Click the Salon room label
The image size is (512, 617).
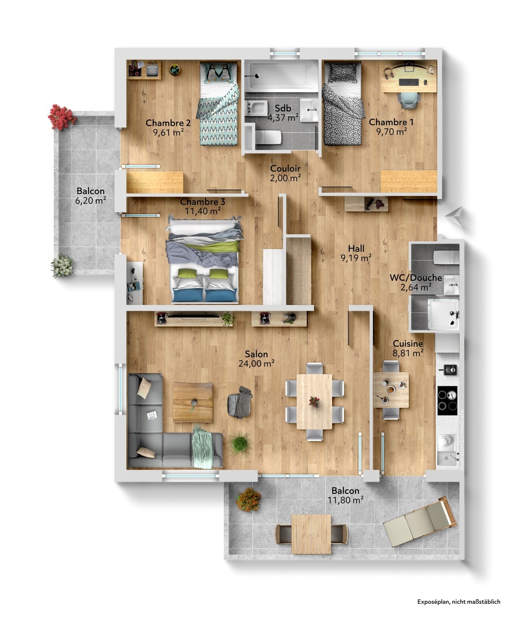click(256, 354)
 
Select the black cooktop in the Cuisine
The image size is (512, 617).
click(447, 400)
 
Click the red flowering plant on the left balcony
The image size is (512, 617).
click(62, 116)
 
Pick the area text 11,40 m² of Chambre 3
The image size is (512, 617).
click(202, 211)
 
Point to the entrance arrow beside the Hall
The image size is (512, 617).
click(455, 215)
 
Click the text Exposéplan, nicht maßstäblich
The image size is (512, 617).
click(459, 601)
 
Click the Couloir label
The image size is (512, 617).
click(285, 169)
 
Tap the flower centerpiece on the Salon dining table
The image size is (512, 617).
click(314, 401)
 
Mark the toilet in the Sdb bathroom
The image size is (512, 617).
click(269, 136)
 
